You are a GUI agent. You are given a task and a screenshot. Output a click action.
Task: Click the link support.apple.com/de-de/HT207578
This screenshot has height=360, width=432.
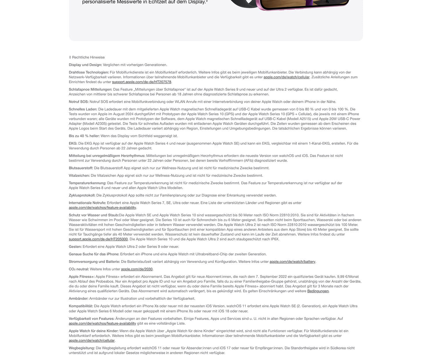141,82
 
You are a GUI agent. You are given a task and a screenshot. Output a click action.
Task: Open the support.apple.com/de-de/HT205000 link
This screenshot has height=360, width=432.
98,239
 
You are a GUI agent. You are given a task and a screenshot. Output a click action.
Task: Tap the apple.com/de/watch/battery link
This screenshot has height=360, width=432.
292,262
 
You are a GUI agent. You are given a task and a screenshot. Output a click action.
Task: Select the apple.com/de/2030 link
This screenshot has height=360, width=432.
137,269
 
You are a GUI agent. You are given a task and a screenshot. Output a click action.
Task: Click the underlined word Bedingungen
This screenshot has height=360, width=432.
318,291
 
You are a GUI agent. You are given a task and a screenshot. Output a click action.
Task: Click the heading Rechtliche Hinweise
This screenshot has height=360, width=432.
88,57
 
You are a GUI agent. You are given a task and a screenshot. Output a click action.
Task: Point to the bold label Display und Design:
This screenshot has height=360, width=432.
85,65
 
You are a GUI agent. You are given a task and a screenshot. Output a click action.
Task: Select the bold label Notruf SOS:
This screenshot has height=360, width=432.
79,102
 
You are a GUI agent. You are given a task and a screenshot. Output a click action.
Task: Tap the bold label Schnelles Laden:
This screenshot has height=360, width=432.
83,109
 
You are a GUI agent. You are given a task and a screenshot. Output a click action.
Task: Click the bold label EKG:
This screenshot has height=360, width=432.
73,143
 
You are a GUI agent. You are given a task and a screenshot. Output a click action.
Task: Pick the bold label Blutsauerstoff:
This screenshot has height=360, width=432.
81,168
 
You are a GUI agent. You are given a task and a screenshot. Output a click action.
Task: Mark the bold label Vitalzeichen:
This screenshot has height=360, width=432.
79,176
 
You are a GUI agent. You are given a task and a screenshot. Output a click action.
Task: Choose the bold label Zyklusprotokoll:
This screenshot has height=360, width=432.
82,196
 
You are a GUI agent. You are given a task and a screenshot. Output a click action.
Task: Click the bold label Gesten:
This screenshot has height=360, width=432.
75,247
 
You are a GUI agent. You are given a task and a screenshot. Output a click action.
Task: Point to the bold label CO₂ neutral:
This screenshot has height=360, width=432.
79,269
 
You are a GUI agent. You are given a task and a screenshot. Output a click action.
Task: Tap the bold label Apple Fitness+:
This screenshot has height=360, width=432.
82,277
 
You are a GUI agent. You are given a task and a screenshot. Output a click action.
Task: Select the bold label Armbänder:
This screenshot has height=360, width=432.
78,299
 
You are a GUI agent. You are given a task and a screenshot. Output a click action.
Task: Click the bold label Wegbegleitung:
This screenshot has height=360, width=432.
82,348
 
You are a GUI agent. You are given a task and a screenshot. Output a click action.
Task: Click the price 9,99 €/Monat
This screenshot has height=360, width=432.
348,277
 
